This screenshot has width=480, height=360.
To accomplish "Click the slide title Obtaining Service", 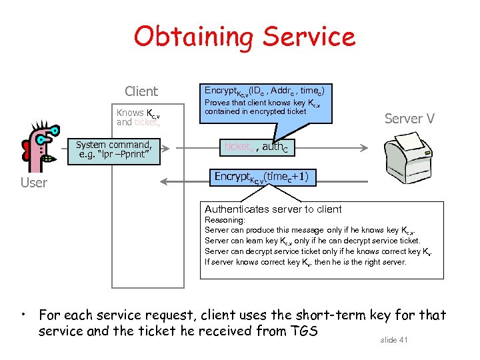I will (x=244, y=37).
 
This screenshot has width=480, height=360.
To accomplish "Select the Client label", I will (x=141, y=91).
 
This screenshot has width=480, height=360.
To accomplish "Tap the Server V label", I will (x=409, y=119).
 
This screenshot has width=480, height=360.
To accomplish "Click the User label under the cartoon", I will (x=34, y=183).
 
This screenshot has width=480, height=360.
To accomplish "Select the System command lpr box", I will (x=113, y=150).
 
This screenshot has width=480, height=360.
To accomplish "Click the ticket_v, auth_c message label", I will (x=259, y=147).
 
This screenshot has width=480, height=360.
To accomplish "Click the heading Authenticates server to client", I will (x=273, y=209).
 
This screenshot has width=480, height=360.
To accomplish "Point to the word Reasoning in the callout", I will (x=225, y=220).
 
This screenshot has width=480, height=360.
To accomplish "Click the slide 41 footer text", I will (x=394, y=340).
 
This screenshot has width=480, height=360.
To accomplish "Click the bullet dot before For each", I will (x=23, y=313).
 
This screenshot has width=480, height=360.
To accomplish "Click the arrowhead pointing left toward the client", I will (x=165, y=180).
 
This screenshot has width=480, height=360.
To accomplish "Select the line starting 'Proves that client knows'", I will (x=263, y=103).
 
